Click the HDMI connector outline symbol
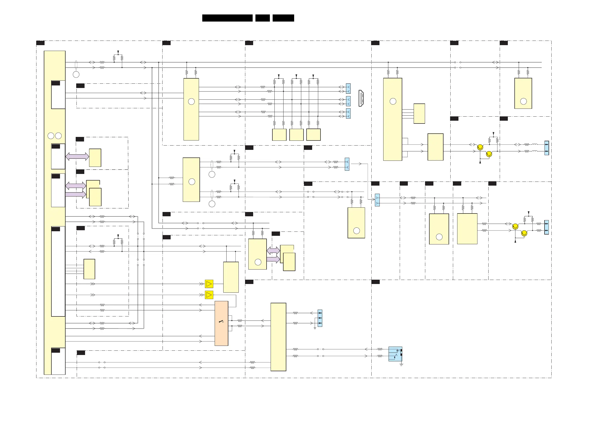pos(361,98)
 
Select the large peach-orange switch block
pos(222,323)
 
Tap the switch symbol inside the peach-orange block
pos(221,321)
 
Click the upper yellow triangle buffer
pos(209,284)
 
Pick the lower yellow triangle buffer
pos(209,295)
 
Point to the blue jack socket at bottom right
pos(395,354)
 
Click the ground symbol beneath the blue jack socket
pos(401,365)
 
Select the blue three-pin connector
pos(320,318)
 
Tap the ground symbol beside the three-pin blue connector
pos(315,328)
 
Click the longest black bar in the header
pos(227,18)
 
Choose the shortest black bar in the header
pos(262,18)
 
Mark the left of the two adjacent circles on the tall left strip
pos(51,136)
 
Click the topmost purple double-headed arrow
pos(77,156)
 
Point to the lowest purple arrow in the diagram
pos(273,259)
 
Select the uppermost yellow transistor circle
pos(480,147)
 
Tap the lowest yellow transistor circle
pos(524,233)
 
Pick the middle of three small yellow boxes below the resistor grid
pos(296,135)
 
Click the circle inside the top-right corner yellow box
pos(524,101)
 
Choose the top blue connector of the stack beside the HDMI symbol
pos(348,89)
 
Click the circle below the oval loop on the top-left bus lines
pos(76,75)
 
